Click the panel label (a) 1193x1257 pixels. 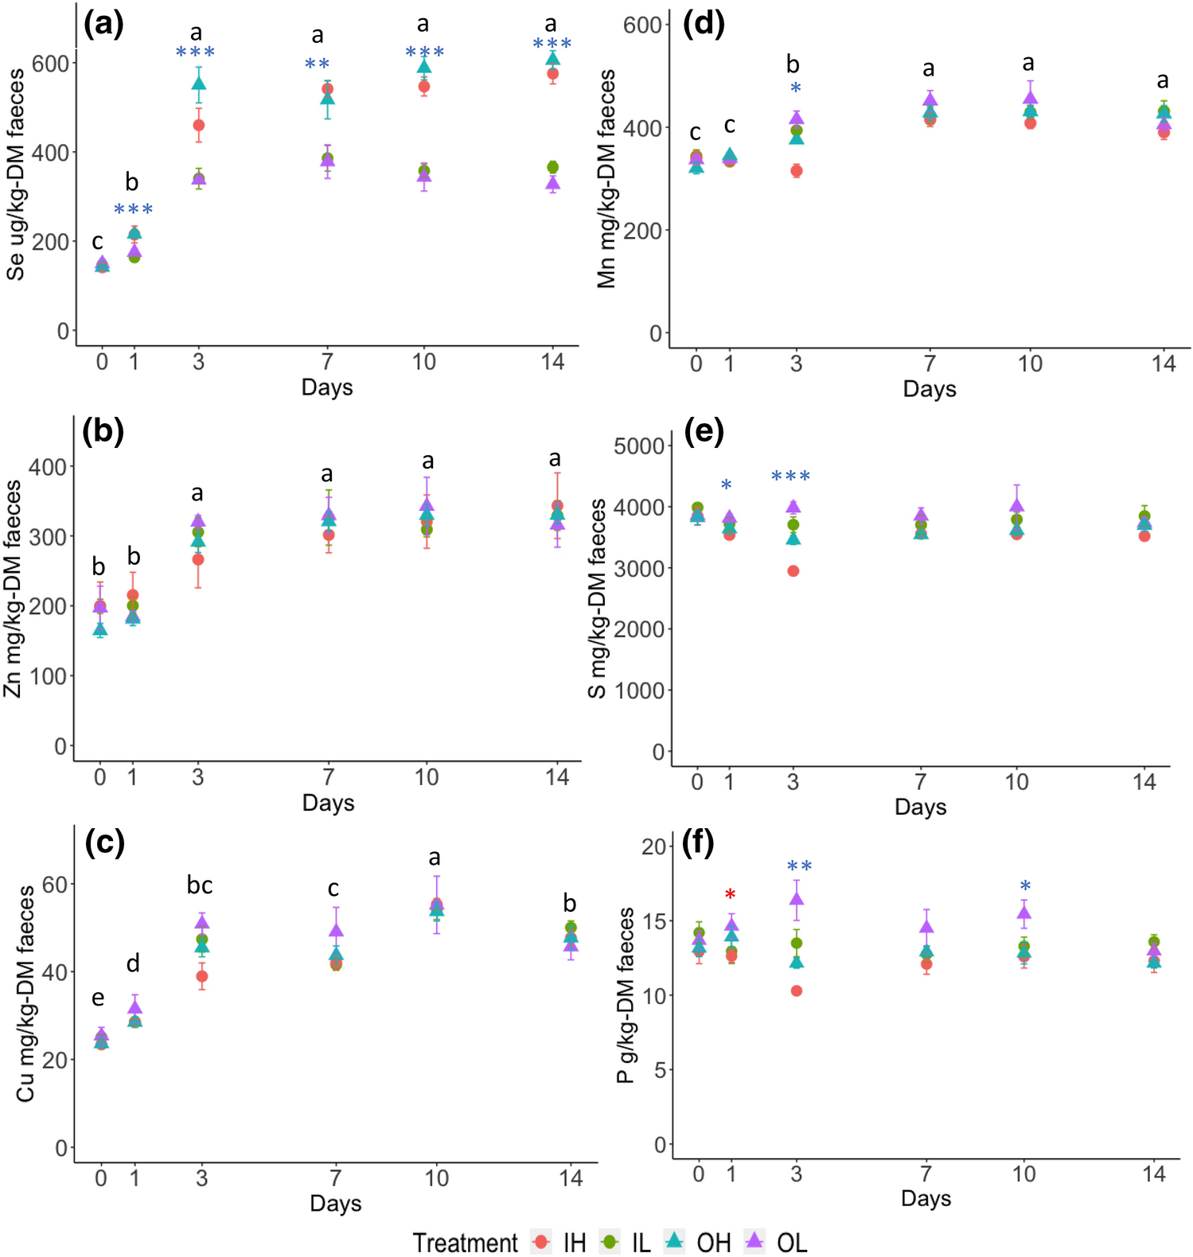104,25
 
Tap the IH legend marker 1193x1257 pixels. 542,1242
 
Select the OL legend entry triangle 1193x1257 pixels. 754,1240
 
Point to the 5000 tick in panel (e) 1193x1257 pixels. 638,446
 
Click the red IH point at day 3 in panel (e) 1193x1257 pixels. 793,571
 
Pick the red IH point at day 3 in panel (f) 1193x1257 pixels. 796,990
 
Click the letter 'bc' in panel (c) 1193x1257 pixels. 200,885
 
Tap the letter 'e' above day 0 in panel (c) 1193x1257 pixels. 98,998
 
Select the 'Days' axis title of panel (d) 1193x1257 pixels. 929,389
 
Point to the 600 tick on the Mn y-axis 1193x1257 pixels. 642,25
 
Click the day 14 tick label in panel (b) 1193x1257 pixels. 557,777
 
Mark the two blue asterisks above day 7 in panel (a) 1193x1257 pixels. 317,64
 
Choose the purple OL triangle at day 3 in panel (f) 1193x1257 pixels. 796,899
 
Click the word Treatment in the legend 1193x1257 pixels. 465,1243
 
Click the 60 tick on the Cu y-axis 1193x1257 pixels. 54,884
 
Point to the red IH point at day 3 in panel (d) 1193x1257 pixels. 796,171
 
